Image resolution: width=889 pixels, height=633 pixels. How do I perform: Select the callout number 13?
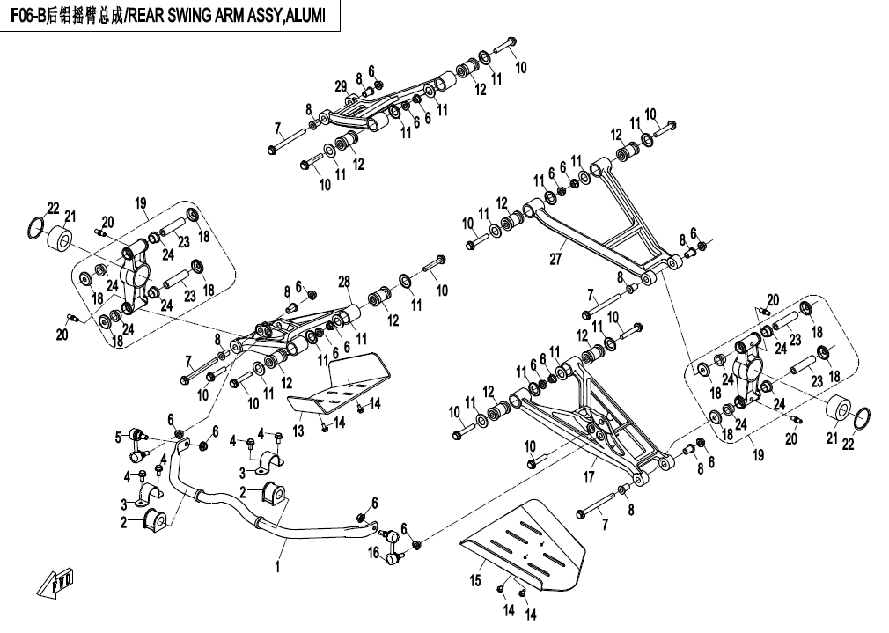point(298,431)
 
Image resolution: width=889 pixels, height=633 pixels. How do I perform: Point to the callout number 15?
point(475,581)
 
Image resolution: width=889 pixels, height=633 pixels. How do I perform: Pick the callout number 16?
point(373,553)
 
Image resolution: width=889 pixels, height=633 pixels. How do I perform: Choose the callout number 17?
point(589,476)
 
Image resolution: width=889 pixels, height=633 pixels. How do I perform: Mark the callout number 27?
point(555,260)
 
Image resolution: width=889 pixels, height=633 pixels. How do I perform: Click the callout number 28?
point(344,281)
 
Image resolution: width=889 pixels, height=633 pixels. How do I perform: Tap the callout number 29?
point(340,85)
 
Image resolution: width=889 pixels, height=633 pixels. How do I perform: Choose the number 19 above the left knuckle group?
point(140,204)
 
